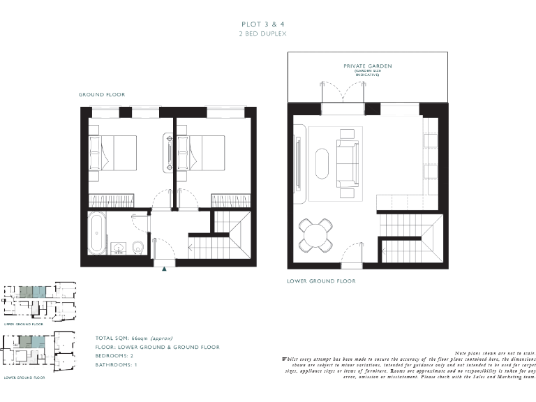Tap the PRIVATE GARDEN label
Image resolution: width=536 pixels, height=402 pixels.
[367, 66]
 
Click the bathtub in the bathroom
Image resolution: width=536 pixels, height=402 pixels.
[97, 233]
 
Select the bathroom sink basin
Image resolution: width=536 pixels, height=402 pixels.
[118, 248]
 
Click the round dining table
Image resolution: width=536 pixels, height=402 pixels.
[318, 235]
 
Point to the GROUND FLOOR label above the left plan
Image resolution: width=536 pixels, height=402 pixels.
[102, 94]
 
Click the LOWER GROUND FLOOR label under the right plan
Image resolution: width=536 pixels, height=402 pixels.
[321, 281]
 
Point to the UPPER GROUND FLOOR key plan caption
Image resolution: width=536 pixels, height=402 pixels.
[24, 325]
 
